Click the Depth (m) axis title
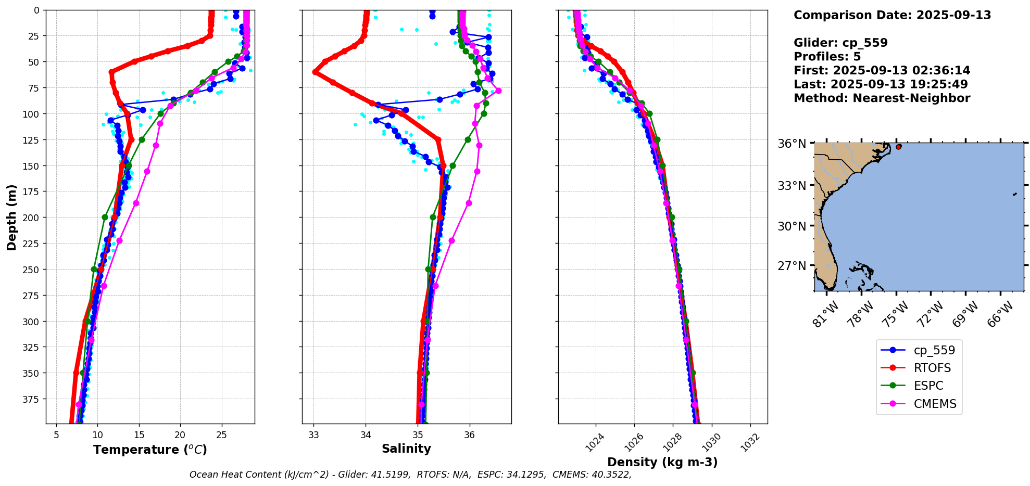click(x=11, y=217)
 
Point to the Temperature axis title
click(x=150, y=450)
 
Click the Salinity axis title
click(x=406, y=449)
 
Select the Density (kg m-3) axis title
click(x=662, y=462)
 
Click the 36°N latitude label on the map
click(x=792, y=144)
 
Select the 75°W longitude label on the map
click(x=896, y=314)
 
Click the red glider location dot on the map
click(x=899, y=147)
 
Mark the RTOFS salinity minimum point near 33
click(x=315, y=72)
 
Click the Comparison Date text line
click(x=892, y=15)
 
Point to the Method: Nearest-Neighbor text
click(x=882, y=98)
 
